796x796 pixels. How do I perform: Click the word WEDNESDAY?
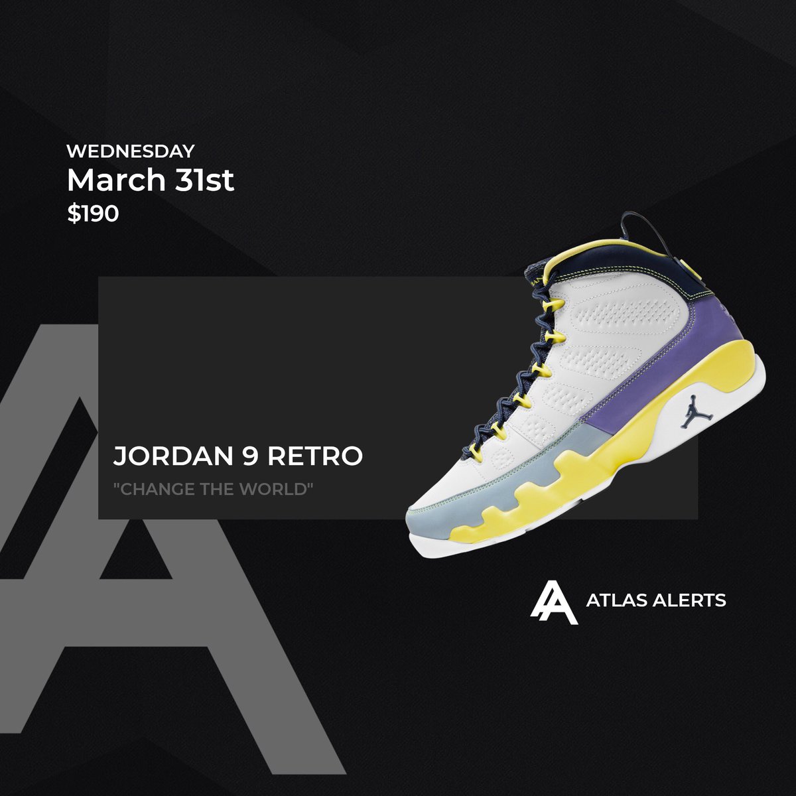[x=131, y=151]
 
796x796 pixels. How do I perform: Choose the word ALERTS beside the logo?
[x=689, y=601]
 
